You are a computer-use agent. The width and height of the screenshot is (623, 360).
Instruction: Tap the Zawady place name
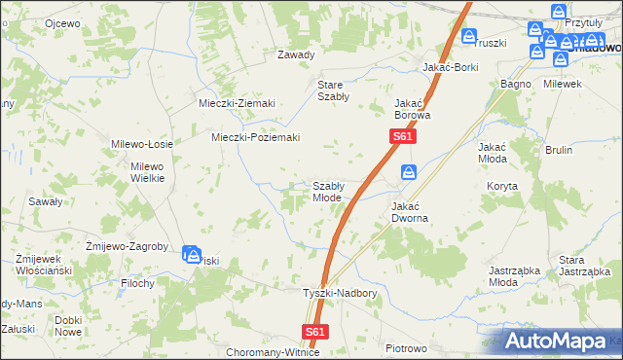[296, 54]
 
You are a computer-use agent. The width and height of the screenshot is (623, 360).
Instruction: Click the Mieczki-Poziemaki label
[255, 137]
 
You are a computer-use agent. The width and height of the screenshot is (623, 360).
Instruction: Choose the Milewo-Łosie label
[142, 143]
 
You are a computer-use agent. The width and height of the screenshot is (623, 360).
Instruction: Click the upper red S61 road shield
[404, 138]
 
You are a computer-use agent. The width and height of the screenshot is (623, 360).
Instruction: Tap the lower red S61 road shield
[314, 332]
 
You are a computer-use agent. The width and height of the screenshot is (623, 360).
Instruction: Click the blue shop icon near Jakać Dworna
[409, 173]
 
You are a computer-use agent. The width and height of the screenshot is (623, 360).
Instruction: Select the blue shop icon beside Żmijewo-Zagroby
[192, 254]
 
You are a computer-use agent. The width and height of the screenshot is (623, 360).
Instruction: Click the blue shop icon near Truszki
[468, 38]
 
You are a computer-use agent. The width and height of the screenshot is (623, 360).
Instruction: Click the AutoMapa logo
[562, 341]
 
